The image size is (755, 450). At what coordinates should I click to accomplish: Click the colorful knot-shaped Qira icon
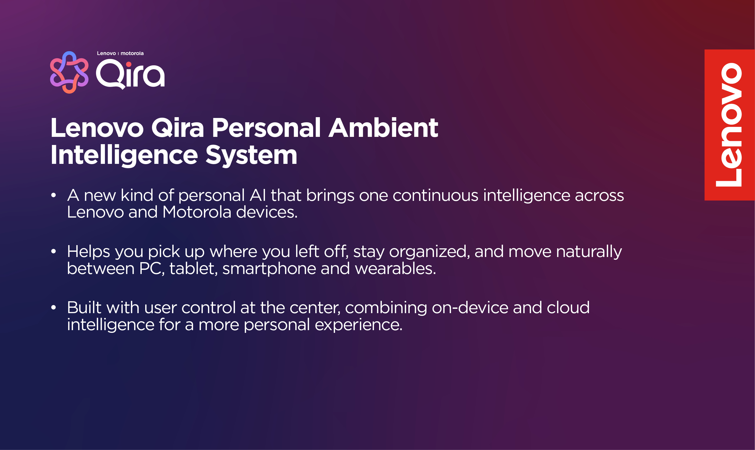coord(69,72)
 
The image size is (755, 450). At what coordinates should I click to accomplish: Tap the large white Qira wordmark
coord(130,74)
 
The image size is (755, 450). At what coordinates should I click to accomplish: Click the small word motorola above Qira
coord(132,53)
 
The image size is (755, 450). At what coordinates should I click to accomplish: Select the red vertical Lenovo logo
coord(730,125)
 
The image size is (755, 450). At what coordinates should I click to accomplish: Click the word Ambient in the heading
coord(383,128)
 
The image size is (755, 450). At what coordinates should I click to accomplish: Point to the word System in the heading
coord(251,155)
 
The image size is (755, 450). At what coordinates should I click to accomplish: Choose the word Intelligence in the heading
coord(124,155)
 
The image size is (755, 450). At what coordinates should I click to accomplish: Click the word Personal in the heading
coord(266,128)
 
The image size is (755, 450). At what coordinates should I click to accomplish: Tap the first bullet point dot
coord(54,195)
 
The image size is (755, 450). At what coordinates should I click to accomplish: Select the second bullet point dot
coord(54,251)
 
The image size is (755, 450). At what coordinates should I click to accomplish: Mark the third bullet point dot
coord(54,307)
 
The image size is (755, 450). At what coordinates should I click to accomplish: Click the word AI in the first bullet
coord(258,195)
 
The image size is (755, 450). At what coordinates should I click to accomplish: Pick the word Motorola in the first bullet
coord(197,212)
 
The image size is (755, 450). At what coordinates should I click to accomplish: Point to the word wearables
coord(395,269)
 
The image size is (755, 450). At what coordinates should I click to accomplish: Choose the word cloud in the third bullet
coord(568,307)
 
